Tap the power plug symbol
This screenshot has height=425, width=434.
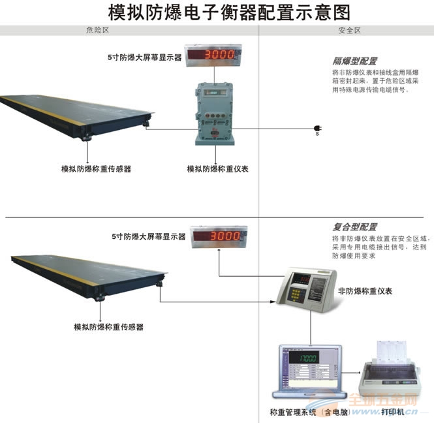tap(317, 128)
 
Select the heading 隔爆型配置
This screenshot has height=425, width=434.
tap(355, 61)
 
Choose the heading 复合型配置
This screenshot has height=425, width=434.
tap(355, 227)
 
